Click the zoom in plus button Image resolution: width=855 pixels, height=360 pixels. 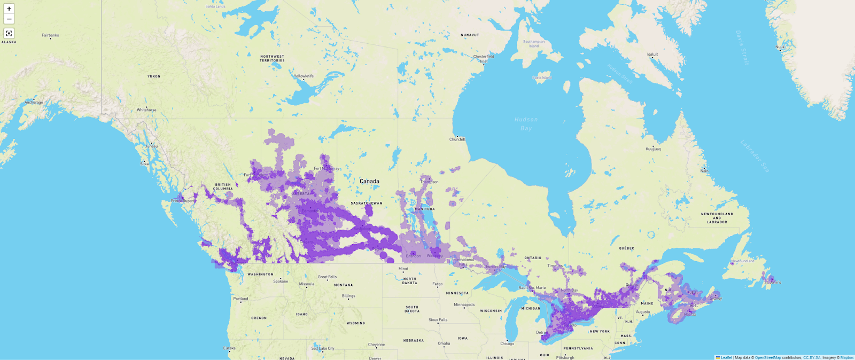point(9,9)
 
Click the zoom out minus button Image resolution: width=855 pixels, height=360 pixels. point(9,19)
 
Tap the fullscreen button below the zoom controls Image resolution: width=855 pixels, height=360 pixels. point(9,33)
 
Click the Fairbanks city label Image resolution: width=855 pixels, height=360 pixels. point(50,35)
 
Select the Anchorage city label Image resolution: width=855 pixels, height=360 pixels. point(34,102)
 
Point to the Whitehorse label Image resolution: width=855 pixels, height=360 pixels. point(146,110)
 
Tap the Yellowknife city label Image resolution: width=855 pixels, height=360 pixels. point(304,76)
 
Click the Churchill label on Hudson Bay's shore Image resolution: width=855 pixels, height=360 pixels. point(457,139)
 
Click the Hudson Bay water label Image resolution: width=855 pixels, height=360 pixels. point(526,124)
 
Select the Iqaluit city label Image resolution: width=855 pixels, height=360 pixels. point(652,54)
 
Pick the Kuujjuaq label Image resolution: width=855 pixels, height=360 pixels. point(653,149)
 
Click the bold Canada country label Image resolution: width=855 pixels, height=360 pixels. point(369,181)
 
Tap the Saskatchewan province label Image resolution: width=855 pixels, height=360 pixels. point(367,203)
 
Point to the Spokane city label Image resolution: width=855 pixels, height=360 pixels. point(281,281)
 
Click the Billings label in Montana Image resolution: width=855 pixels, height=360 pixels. point(348,295)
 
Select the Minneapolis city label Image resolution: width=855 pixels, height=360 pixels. point(464,304)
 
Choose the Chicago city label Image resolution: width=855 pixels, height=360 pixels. point(507,343)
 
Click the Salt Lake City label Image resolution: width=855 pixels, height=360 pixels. point(323,348)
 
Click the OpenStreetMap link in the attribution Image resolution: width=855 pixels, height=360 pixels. point(767,357)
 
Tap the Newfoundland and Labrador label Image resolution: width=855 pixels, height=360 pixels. point(717,218)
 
